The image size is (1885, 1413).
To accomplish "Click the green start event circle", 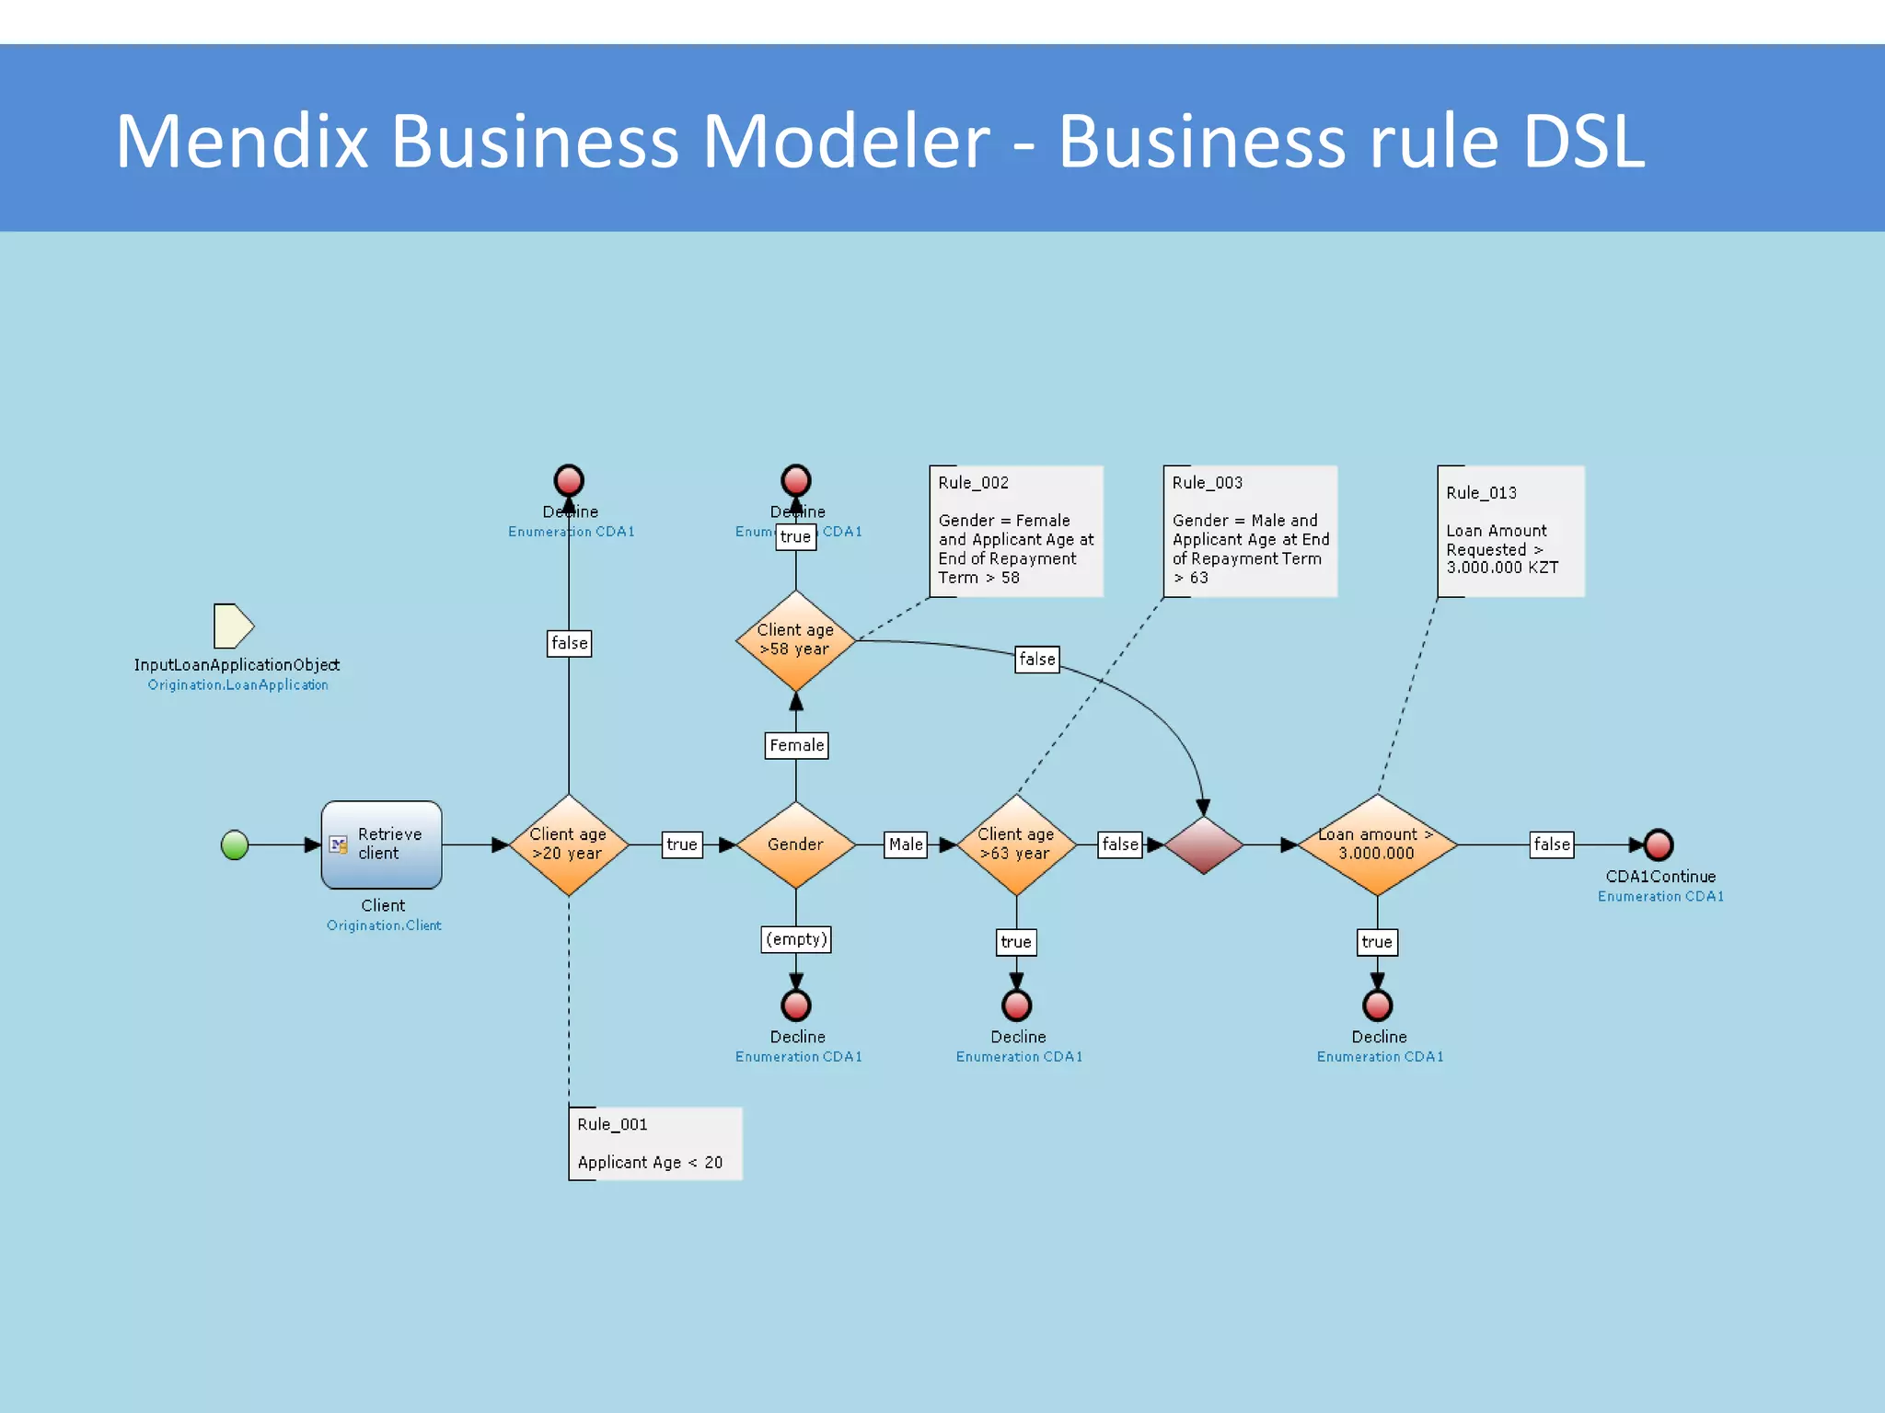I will coord(235,844).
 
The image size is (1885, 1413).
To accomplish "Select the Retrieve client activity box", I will coord(381,844).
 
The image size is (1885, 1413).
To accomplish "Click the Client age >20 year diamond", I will coord(568,844).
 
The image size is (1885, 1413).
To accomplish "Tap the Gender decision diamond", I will coord(795,844).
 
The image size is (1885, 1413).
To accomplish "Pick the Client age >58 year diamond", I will coord(795,640).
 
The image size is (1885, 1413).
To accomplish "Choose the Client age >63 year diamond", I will coord(1016,844).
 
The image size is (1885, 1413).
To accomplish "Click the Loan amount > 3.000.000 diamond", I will coord(1377,844).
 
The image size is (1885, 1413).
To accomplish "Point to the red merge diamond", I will coord(1203,844).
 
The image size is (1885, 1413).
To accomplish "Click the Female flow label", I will coord(796,745).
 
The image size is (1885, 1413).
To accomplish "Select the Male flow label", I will coord(906,844).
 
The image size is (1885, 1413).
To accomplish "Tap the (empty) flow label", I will coord(796,939).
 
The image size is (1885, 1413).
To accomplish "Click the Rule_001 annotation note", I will coord(654,1143).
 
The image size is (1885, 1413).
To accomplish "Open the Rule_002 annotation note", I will coord(1015,531).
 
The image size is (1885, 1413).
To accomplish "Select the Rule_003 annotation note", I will coord(1249,531).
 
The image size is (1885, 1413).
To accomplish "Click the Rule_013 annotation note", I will coord(1509,531).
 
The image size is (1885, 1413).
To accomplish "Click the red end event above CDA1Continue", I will coord(1659,844).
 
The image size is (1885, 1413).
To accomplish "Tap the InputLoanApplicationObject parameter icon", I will coord(233,626).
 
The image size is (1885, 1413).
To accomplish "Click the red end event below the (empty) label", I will coord(796,1005).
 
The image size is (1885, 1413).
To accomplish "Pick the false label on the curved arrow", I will coord(1036,660).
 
